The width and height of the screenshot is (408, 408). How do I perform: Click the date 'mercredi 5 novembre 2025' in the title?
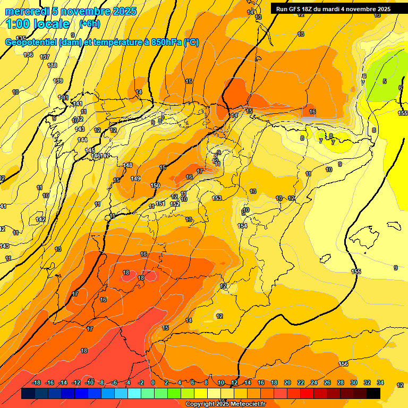pyautogui.click(x=70, y=11)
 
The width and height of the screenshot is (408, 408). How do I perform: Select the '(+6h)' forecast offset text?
pyautogui.click(x=89, y=24)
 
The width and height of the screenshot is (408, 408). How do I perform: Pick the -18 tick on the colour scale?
pyautogui.click(x=37, y=383)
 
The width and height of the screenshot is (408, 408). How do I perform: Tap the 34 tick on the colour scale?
pyautogui.click(x=380, y=383)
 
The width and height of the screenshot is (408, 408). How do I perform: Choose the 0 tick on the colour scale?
pyautogui.click(x=153, y=383)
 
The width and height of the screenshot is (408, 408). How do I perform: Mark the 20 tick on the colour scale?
pyautogui.click(x=287, y=383)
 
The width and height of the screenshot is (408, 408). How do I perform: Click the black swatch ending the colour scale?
pyautogui.click(x=373, y=393)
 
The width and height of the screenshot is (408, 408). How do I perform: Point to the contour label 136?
pyautogui.click(x=28, y=55)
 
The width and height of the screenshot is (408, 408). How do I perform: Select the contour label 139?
pyautogui.click(x=58, y=81)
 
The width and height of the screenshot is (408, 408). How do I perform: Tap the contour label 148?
pyautogui.click(x=127, y=165)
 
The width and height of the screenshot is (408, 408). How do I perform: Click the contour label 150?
pyautogui.click(x=155, y=185)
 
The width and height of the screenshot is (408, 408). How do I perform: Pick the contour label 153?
pyautogui.click(x=217, y=198)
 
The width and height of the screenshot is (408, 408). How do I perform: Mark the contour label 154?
pyautogui.click(x=242, y=226)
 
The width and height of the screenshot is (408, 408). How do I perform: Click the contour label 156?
pyautogui.click(x=344, y=364)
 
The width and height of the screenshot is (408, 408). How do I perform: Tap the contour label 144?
pyautogui.click(x=82, y=140)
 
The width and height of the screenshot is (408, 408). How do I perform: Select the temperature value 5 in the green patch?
pyautogui.click(x=385, y=81)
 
